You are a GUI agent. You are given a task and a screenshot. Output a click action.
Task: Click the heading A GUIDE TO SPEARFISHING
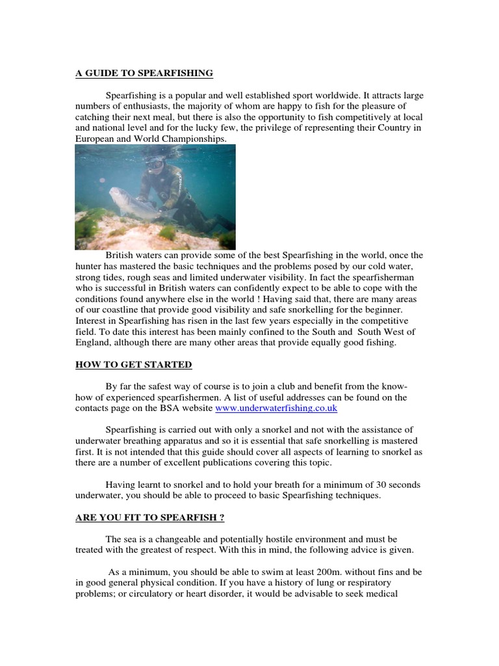click(x=144, y=73)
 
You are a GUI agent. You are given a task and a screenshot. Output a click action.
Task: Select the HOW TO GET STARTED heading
click(x=134, y=365)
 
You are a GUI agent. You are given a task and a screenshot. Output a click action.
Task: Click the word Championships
click(x=192, y=139)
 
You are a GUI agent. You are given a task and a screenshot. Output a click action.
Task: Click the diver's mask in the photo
click(x=156, y=164)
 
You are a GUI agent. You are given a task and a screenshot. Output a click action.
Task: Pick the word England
click(x=94, y=343)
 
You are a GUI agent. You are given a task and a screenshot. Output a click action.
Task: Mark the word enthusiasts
click(x=139, y=106)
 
